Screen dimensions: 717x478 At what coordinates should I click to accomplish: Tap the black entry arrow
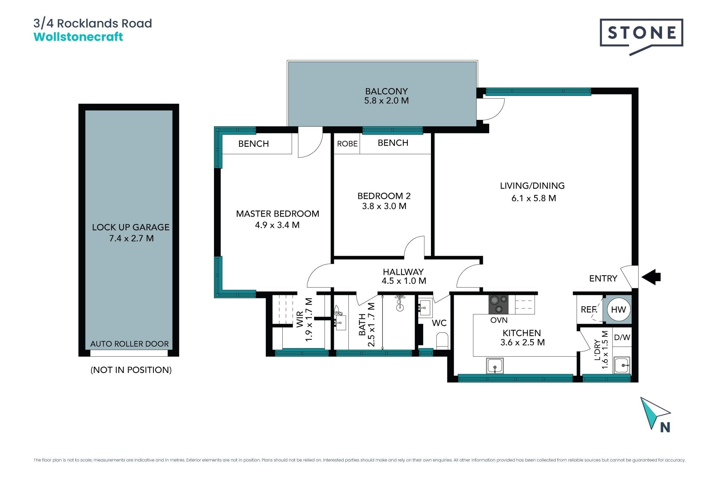tap(651, 277)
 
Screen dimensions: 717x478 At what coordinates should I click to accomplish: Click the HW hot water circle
tap(618, 309)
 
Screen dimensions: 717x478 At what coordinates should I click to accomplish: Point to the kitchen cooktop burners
tap(499, 304)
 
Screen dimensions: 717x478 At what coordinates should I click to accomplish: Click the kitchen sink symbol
tap(495, 365)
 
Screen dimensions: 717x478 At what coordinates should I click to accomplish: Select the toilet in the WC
tap(442, 341)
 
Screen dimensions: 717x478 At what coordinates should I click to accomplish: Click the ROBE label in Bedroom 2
tap(347, 144)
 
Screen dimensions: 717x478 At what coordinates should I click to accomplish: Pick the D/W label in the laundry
tap(622, 337)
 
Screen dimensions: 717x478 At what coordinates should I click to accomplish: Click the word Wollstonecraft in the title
tap(78, 37)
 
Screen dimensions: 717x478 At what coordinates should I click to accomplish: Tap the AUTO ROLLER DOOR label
tap(130, 344)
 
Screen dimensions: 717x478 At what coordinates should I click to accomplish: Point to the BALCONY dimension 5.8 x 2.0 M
tap(387, 100)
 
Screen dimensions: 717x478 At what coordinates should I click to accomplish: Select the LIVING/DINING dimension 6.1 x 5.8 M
tap(534, 198)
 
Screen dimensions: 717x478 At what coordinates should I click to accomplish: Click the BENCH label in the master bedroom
tap(254, 144)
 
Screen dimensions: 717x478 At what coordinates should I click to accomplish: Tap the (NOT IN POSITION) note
tap(131, 370)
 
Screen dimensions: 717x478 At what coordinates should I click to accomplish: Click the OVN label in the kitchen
tap(499, 320)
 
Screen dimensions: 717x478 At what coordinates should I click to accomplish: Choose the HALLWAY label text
tap(403, 272)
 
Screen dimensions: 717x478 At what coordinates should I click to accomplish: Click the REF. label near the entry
tap(589, 310)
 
